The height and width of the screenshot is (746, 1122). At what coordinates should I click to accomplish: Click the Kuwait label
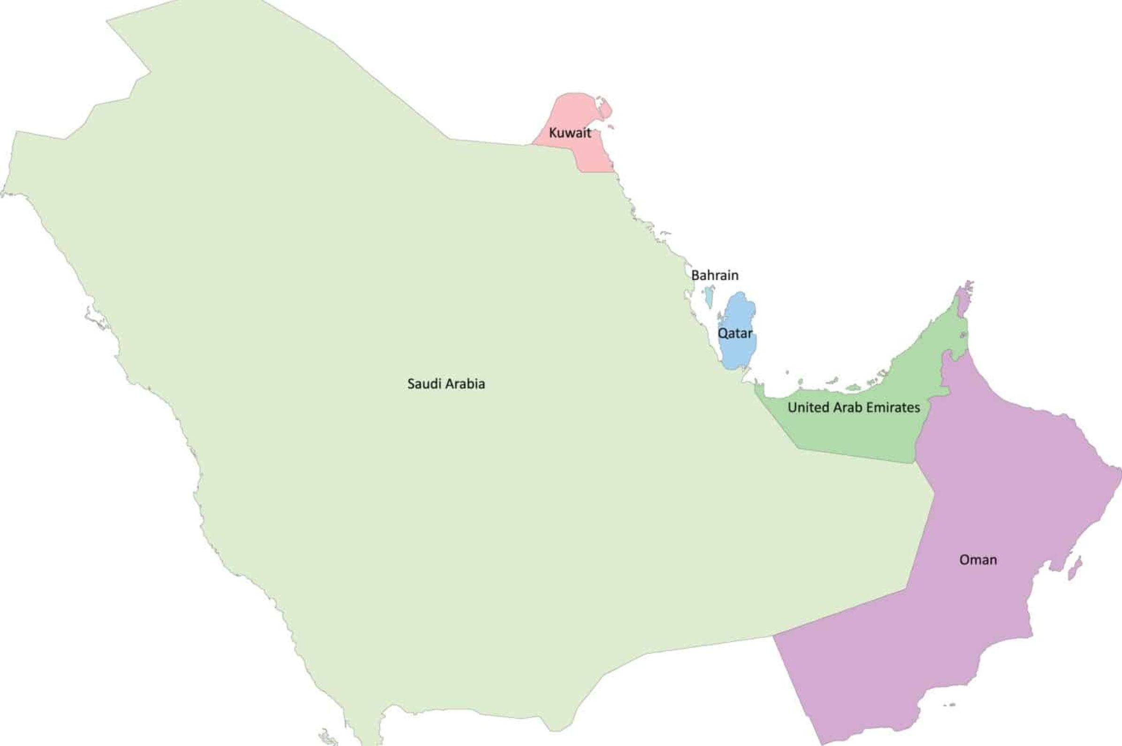tap(570, 133)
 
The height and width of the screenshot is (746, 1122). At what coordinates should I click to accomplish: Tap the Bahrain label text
tap(715, 275)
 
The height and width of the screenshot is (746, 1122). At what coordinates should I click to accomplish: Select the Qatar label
tap(735, 333)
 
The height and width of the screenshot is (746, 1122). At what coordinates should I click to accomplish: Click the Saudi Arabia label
tap(446, 384)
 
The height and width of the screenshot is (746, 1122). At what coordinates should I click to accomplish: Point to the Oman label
tap(978, 560)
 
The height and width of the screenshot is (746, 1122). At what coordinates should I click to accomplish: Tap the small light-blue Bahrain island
tap(709, 296)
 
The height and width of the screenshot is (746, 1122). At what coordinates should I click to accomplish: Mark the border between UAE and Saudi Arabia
tap(856, 456)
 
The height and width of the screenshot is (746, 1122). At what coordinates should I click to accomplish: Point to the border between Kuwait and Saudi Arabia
tap(551, 145)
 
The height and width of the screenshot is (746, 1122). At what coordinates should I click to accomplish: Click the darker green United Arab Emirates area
tap(856, 433)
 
